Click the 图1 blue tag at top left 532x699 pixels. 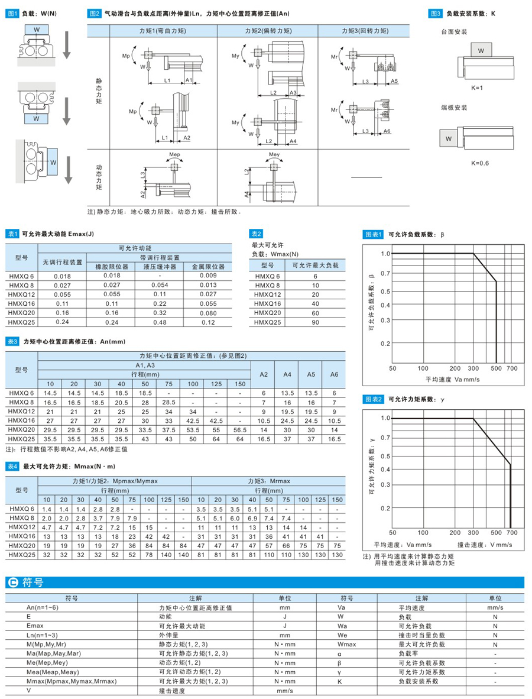tap(12, 12)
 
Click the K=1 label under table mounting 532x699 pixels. tap(477, 88)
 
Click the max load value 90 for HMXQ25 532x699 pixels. tap(315, 322)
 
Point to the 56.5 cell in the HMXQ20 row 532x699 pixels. tap(240, 430)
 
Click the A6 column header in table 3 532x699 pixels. tap(334, 374)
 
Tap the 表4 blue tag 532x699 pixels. tap(12, 467)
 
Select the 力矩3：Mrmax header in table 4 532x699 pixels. tap(269, 481)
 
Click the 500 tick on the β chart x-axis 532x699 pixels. tap(495, 368)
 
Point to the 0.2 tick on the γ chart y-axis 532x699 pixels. tap(385, 508)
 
